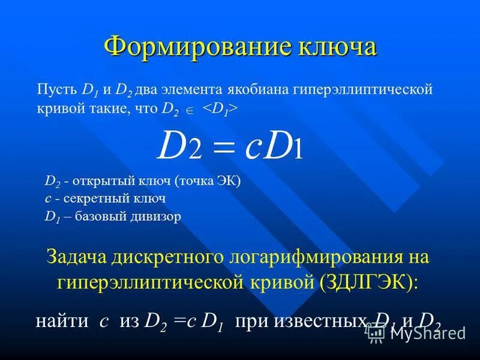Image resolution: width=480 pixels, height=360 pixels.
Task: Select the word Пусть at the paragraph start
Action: (x=56, y=90)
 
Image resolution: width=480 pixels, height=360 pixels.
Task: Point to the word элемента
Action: (x=190, y=90)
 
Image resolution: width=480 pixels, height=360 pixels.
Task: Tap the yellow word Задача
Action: (x=74, y=258)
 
